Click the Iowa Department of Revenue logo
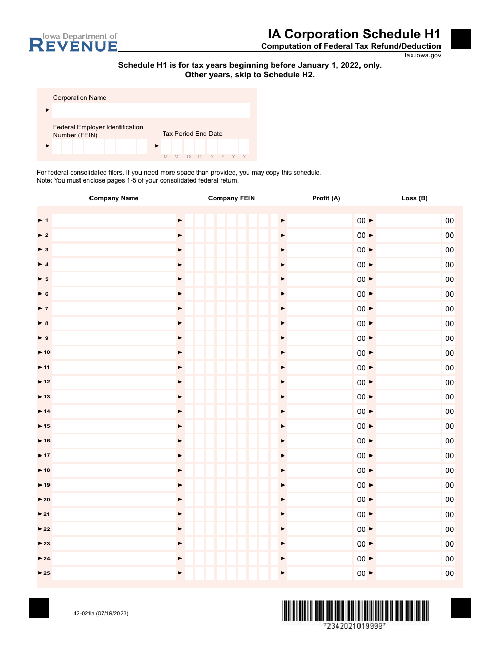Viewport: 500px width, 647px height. (74, 43)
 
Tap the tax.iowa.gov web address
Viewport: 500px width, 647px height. (423, 55)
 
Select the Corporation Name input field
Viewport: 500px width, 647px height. (151, 110)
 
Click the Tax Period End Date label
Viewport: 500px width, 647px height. (192, 134)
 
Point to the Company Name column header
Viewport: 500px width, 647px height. (114, 198)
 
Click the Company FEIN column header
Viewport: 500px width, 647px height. (231, 198)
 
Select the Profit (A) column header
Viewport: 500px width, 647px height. (326, 198)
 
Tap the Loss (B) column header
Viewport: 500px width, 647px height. (414, 198)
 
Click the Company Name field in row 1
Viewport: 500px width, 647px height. (114, 220)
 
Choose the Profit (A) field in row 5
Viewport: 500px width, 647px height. (320, 279)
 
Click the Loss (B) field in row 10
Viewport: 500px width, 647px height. (408, 352)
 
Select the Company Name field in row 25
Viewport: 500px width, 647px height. (114, 573)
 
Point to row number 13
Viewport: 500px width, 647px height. (47, 397)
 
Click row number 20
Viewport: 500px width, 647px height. (47, 500)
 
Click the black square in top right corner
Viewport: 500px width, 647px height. (461, 39)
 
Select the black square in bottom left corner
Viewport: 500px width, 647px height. (39, 608)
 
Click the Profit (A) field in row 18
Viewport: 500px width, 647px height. (320, 470)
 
